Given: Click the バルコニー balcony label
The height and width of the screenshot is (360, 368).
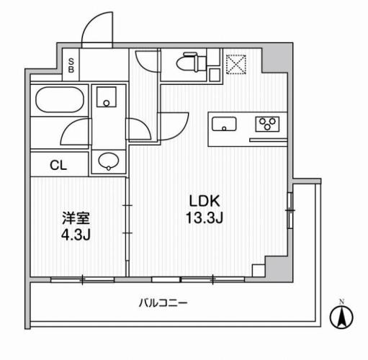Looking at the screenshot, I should click(163, 303).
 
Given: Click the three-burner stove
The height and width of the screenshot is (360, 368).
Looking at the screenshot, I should click(268, 125).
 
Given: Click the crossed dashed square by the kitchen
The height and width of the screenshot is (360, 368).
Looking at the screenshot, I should click(235, 64).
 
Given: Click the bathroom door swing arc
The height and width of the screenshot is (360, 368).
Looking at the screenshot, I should click(76, 130).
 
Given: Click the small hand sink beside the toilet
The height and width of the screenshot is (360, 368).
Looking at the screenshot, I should click(213, 72).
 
